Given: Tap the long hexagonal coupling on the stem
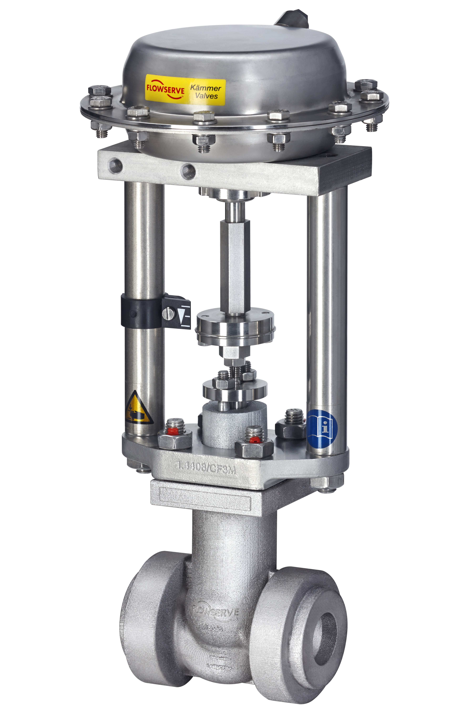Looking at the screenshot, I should pos(235,268).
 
